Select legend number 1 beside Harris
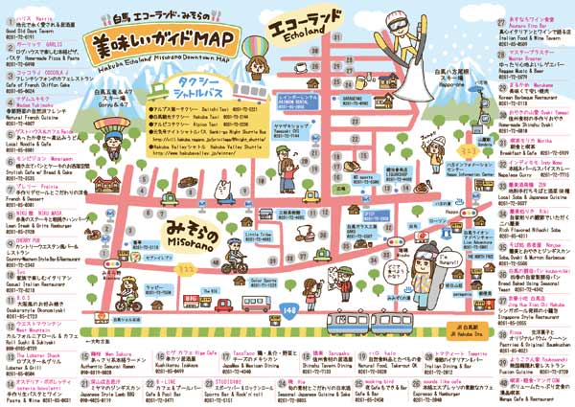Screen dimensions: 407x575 (8, 20)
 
